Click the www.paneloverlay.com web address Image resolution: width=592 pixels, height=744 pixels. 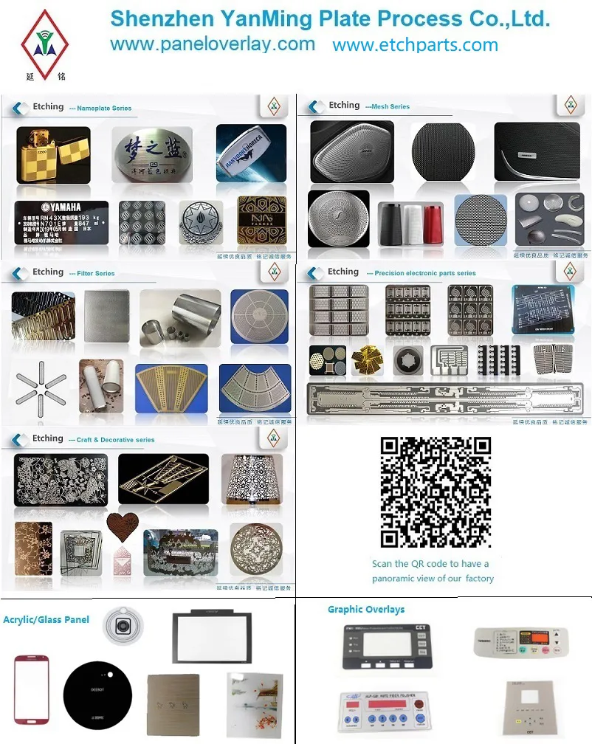click(213, 44)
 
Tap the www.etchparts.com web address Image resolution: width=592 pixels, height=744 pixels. click(415, 45)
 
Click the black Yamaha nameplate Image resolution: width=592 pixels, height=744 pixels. click(61, 225)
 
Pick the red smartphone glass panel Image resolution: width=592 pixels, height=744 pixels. click(32, 688)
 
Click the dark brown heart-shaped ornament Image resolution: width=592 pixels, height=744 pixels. click(123, 526)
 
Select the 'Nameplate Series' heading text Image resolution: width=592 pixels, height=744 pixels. click(103, 108)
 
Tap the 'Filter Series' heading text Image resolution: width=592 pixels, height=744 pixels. click(95, 274)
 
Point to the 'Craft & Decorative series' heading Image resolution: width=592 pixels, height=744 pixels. click(115, 440)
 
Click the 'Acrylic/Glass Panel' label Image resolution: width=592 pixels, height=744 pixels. click(46, 619)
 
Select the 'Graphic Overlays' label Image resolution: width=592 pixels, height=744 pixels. click(366, 610)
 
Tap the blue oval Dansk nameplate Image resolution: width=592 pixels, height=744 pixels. click(251, 153)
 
